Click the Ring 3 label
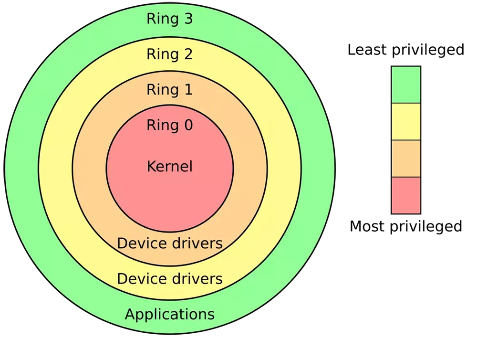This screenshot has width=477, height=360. [x=169, y=19]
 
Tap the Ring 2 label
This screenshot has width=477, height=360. [x=169, y=54]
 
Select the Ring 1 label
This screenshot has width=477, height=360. [x=169, y=90]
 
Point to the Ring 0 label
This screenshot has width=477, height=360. [x=169, y=125]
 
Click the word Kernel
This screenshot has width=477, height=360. [x=169, y=167]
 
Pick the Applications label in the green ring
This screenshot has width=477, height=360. [x=169, y=315]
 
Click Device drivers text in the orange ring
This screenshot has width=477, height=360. [x=169, y=244]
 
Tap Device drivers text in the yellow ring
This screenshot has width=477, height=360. [x=169, y=279]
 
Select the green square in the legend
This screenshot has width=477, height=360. [x=406, y=85]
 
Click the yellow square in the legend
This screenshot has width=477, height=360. [x=406, y=122]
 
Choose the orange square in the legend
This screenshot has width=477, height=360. [x=406, y=159]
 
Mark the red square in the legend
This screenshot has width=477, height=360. [x=406, y=195]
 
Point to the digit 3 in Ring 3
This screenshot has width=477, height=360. [x=187, y=19]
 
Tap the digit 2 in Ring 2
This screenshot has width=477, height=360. [x=187, y=54]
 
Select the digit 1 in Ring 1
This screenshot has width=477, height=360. [x=187, y=90]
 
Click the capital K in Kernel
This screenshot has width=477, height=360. [x=151, y=167]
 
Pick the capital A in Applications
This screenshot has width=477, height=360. [x=130, y=315]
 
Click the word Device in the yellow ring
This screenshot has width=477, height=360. [x=139, y=279]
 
